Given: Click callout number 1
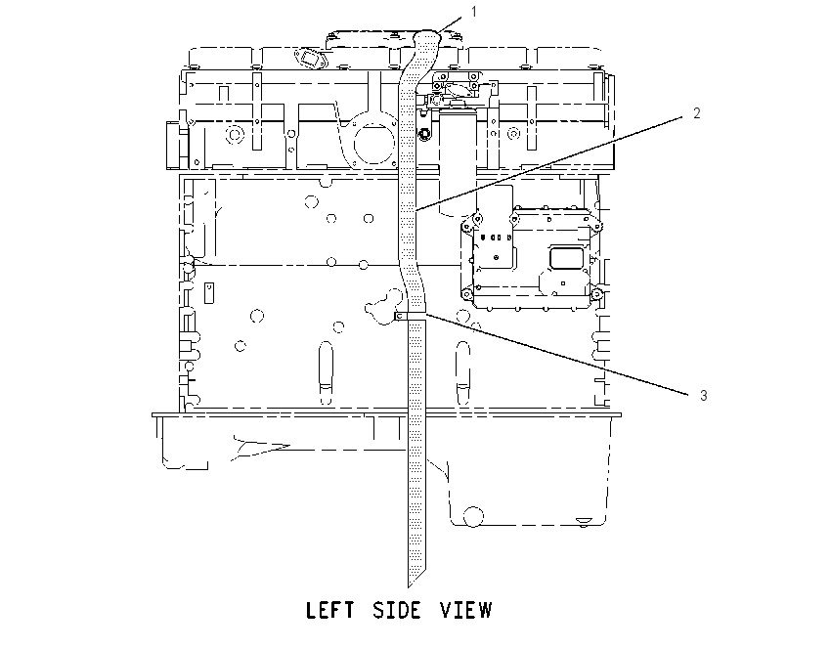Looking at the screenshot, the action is coord(474,12).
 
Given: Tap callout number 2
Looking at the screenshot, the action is coord(697,112).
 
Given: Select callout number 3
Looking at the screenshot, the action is coord(703,395).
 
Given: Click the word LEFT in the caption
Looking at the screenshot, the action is coord(329,610).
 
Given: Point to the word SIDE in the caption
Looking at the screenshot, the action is coord(398,610).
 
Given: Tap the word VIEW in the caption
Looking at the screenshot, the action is coord(466,610).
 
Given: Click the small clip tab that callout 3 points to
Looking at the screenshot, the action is coord(400,317).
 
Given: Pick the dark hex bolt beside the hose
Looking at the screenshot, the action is coord(423,135).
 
